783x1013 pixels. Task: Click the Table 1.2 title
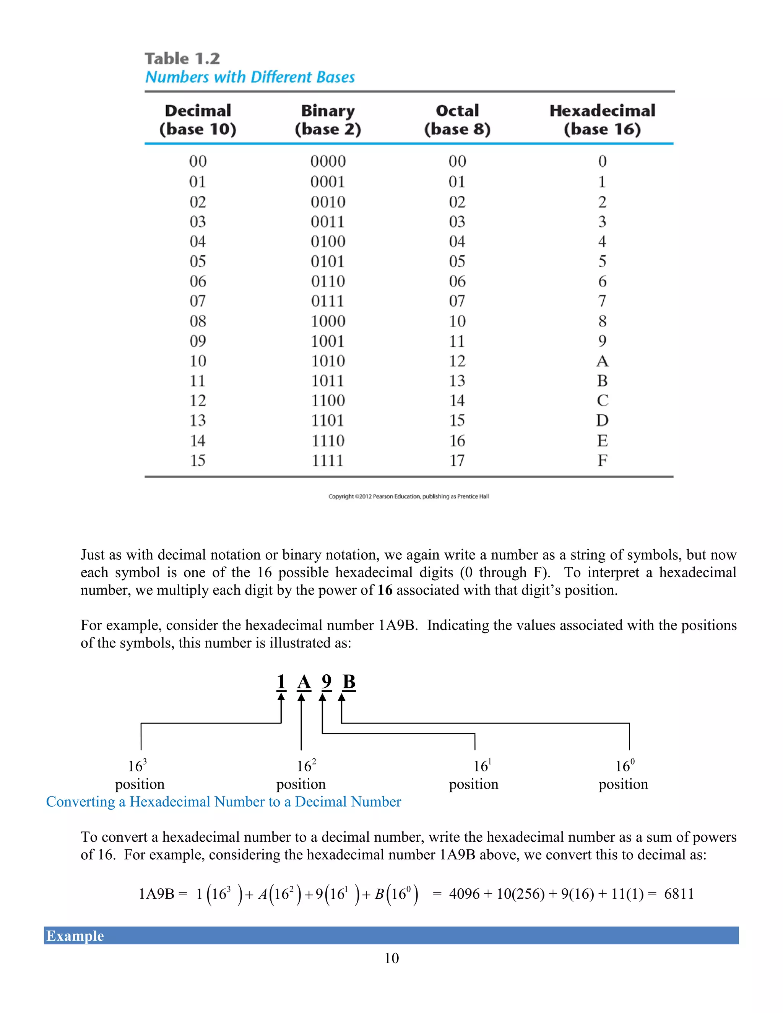(182, 59)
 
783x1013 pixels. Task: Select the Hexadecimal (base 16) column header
(602, 120)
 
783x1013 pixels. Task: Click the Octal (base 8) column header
(457, 120)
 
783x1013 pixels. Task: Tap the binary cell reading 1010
(328, 361)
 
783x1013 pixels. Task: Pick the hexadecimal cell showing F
(602, 461)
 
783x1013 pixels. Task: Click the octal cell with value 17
(457, 461)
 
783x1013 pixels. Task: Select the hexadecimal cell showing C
(602, 401)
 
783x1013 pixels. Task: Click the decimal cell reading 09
(198, 341)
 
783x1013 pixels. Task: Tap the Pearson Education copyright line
(408, 496)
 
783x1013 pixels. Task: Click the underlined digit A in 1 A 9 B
(304, 682)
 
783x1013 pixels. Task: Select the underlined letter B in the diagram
(349, 682)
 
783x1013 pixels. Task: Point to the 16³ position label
(139, 774)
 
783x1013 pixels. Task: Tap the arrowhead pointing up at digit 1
(281, 696)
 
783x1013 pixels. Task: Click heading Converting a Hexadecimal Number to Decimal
(223, 802)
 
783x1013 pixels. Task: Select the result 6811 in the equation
(679, 893)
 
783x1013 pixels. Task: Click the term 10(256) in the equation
(520, 893)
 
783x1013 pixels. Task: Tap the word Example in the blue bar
(75, 935)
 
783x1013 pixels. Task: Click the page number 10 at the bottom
(391, 958)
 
